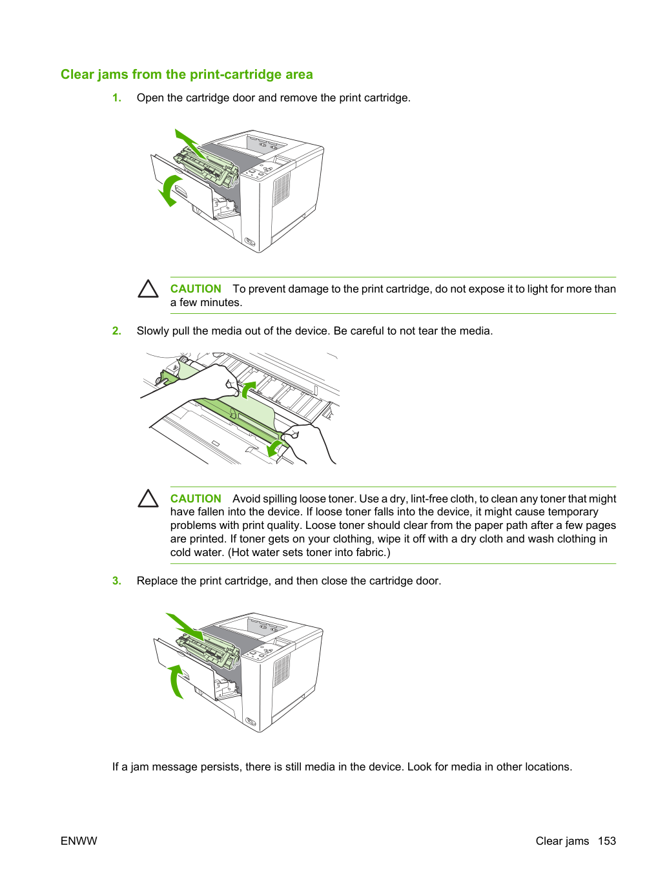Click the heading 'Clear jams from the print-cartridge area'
pos(187,74)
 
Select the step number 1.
pos(116,98)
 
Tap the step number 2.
pos(116,331)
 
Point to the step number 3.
pos(116,581)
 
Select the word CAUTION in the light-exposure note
pos(196,289)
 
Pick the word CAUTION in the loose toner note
pos(196,499)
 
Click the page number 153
pos(607,841)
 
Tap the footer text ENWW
pos(79,841)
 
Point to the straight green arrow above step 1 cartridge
pos(191,144)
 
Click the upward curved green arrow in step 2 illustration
pos(247,389)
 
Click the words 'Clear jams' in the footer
pos(562,841)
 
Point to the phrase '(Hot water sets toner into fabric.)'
pos(309,552)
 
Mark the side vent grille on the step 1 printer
pos(282,189)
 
